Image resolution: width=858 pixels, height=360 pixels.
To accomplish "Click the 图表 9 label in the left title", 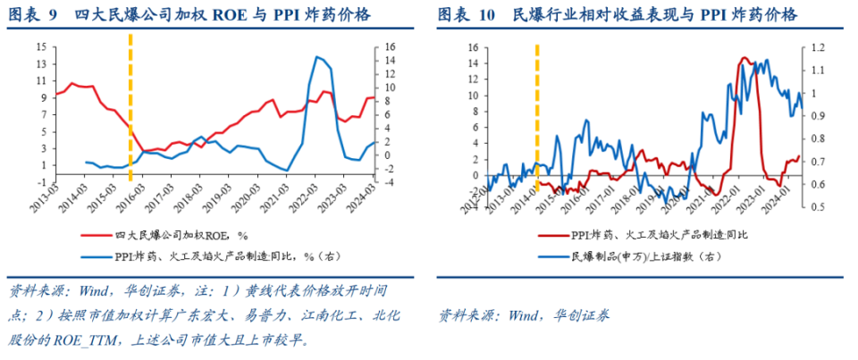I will pyautogui.click(x=34, y=15).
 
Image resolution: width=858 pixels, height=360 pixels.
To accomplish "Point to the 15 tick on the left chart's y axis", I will pyautogui.click(x=40, y=46).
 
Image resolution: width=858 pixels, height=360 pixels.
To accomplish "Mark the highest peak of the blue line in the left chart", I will pyautogui.click(x=316, y=57).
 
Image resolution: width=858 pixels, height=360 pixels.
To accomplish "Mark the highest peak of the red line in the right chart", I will pyautogui.click(x=744, y=58).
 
